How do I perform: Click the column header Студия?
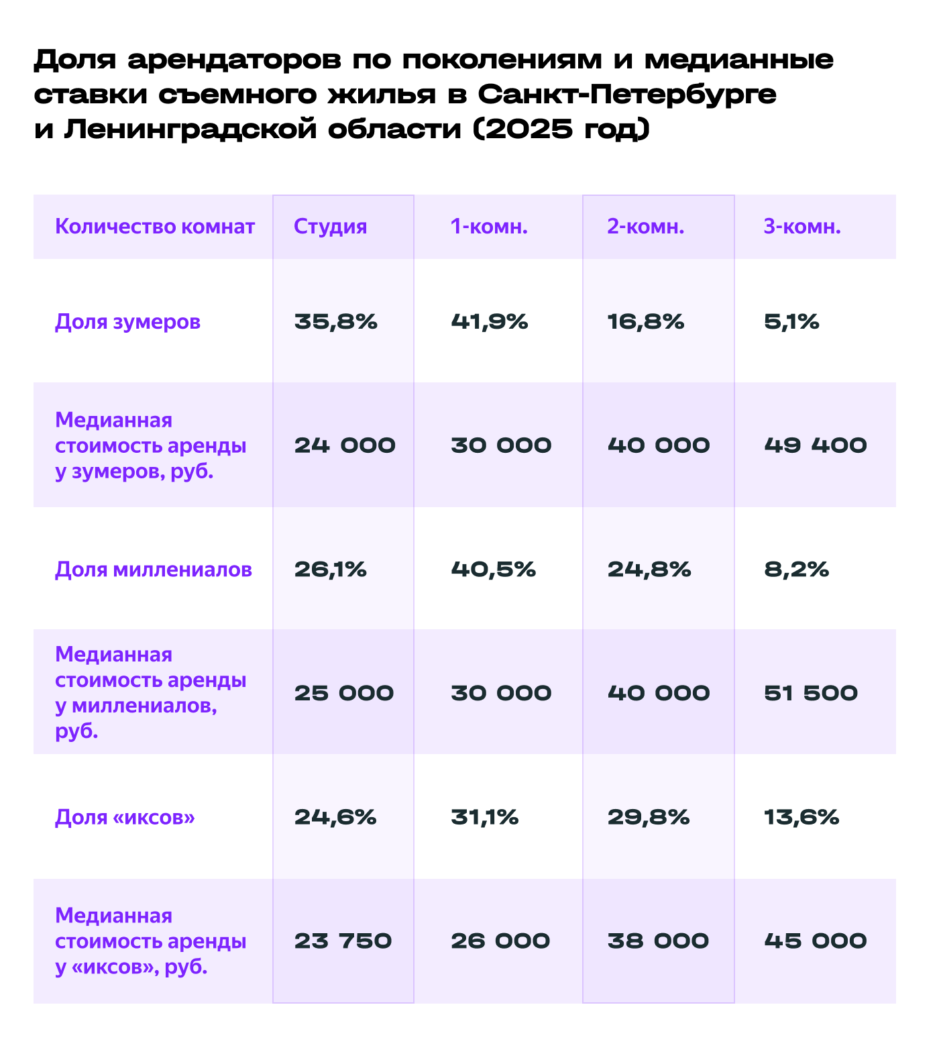coord(331,227)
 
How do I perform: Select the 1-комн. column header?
coord(490,227)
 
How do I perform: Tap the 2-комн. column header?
coord(646,227)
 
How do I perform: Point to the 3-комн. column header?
coord(802,227)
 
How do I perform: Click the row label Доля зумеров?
coord(127,322)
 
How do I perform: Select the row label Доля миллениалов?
coord(154,570)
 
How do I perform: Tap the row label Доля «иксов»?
coord(125,817)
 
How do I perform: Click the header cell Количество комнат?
coord(155,227)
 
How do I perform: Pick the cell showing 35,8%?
coord(336,322)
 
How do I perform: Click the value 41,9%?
coord(490,322)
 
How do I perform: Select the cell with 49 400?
coord(816,445)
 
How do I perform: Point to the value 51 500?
coord(811,693)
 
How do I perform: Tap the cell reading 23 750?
coord(343,941)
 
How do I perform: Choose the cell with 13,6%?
coord(802,817)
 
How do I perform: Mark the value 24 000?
coord(345,445)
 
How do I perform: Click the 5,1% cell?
coord(791,322)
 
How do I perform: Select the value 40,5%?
coord(494,570)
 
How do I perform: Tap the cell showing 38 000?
coord(658,941)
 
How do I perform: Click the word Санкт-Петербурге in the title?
coord(627,95)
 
